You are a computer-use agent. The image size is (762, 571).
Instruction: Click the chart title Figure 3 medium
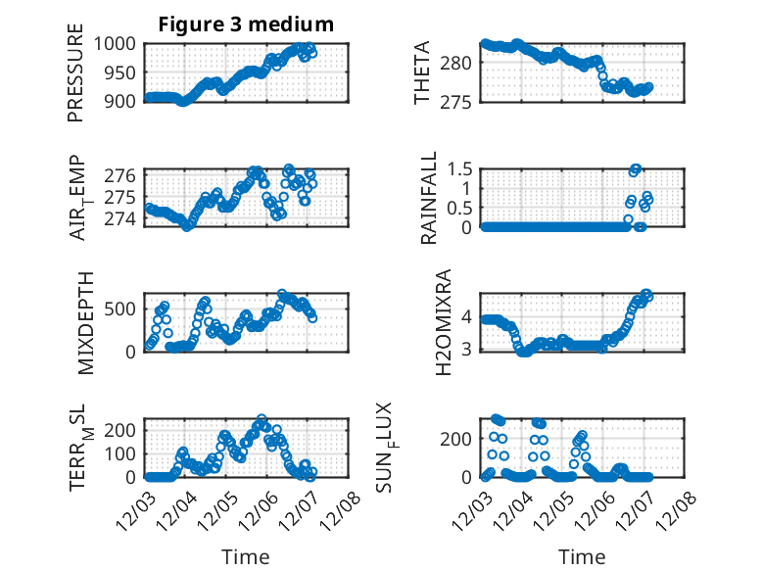[246, 24]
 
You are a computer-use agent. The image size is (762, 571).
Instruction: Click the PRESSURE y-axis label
[76, 75]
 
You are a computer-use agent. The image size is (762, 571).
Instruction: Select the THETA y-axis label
[422, 73]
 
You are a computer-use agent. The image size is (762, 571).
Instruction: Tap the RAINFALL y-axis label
[429, 198]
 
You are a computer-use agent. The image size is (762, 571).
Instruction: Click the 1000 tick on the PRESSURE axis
[119, 43]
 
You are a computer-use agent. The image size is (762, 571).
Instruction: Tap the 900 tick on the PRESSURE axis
[125, 101]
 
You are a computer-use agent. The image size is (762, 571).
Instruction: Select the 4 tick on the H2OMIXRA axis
[467, 315]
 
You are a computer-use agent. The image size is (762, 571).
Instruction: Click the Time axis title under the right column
[582, 556]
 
